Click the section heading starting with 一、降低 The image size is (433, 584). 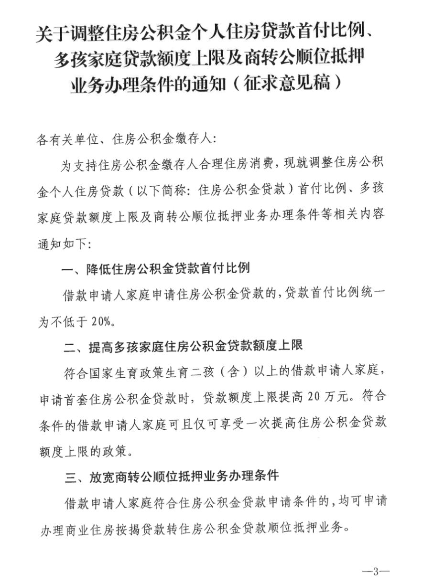click(x=156, y=268)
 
